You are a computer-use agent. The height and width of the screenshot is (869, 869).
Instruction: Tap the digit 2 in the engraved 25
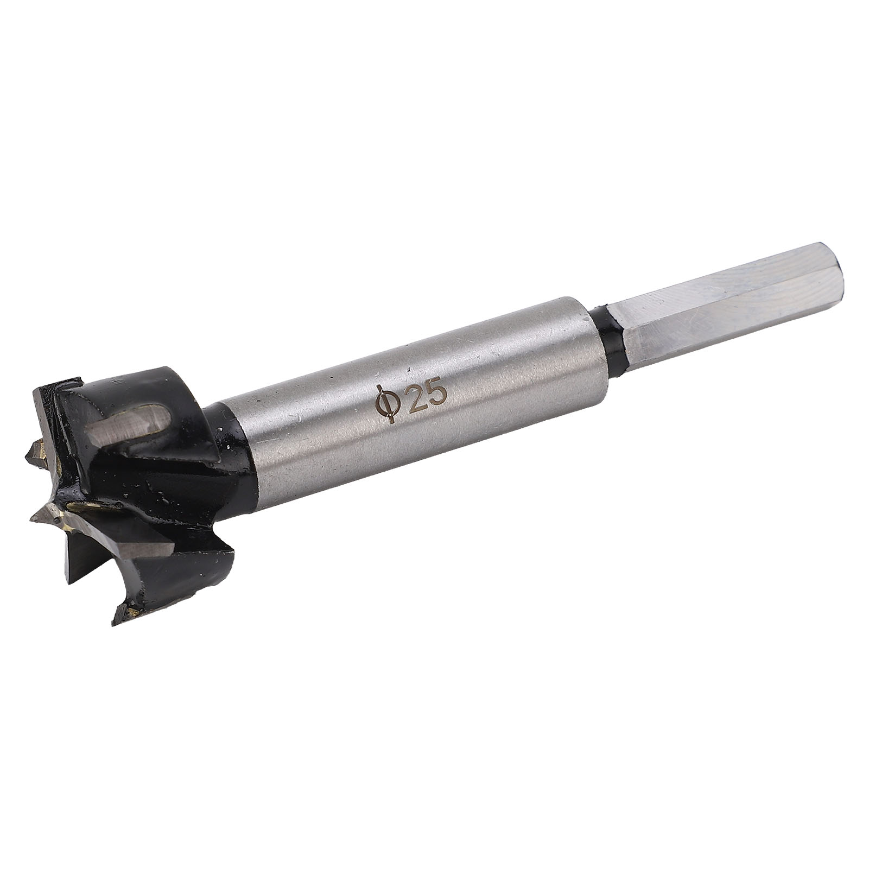(416, 397)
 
